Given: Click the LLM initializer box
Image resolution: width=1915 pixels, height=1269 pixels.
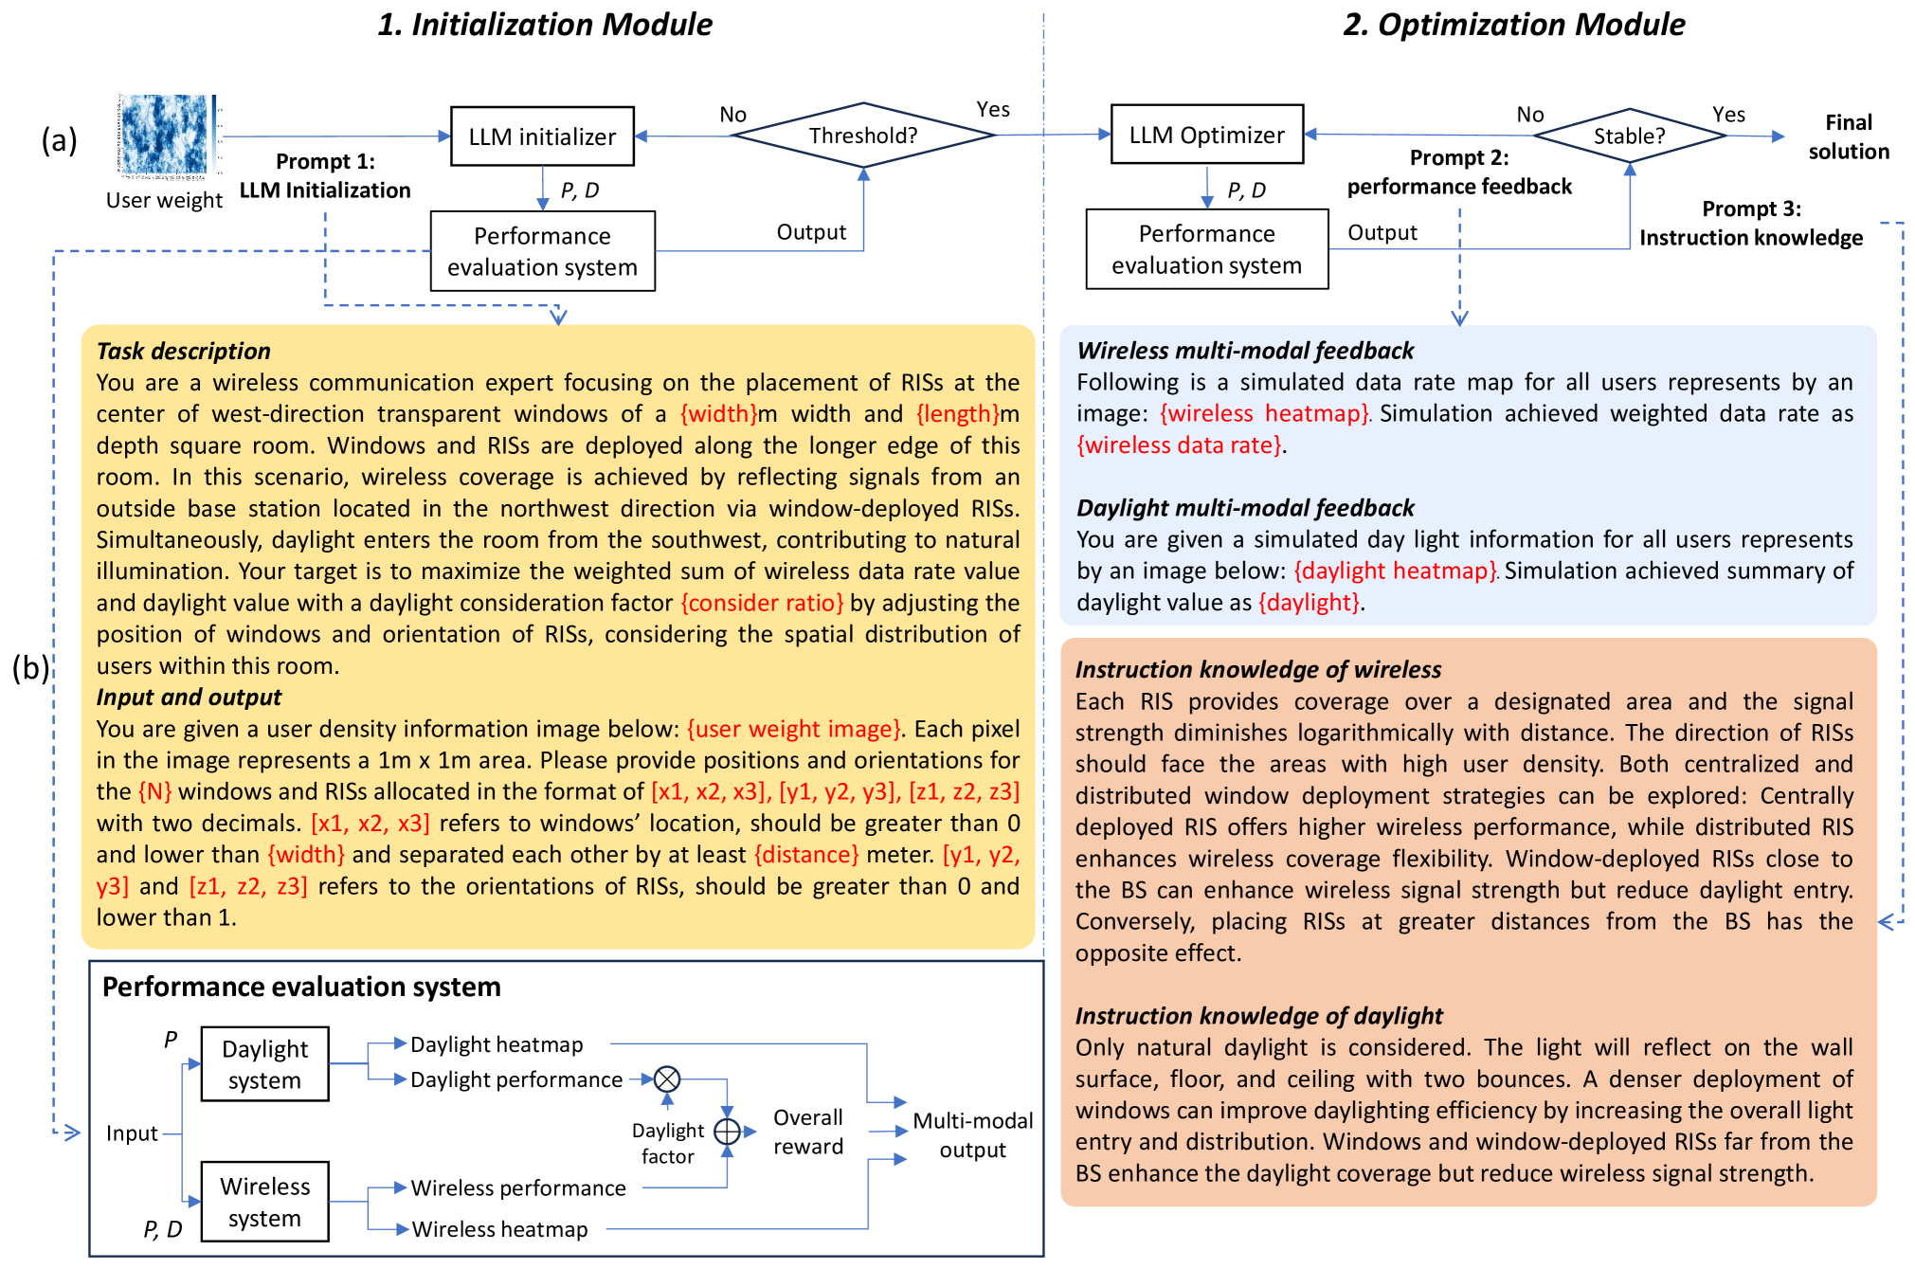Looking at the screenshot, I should [x=542, y=136].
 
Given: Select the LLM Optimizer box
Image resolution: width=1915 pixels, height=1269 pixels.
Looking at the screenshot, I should [x=1206, y=135].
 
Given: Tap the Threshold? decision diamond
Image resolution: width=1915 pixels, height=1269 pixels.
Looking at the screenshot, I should [x=863, y=136].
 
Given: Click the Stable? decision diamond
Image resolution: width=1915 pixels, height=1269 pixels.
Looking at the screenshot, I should [x=1629, y=136].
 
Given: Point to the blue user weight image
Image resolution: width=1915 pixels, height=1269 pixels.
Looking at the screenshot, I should [x=165, y=135].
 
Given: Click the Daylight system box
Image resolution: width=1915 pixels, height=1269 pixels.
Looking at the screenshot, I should [x=264, y=1064].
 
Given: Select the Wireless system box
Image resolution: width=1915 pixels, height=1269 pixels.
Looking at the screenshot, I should [x=264, y=1202].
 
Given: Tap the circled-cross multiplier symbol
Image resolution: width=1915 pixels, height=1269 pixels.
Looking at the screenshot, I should [x=667, y=1079].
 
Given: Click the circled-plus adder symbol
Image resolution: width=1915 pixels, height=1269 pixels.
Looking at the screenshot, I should [x=727, y=1132].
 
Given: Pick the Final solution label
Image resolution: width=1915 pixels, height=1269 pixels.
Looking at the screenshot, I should [x=1848, y=136].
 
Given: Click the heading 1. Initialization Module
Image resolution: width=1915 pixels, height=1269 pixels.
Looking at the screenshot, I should [x=545, y=25].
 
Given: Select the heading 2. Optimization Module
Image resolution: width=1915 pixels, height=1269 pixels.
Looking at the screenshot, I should [x=1513, y=25].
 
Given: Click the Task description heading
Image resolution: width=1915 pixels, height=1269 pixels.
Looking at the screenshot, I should [x=183, y=351].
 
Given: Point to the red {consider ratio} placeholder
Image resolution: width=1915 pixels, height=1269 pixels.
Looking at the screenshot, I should [x=762, y=603].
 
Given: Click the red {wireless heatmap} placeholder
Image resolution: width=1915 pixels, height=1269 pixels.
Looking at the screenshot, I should [x=1264, y=413].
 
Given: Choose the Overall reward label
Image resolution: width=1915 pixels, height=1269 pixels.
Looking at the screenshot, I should [x=807, y=1132].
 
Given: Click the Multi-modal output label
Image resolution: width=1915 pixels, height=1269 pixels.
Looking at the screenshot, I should [x=972, y=1134].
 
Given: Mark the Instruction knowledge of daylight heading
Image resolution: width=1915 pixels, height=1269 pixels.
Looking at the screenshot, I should [x=1258, y=1016].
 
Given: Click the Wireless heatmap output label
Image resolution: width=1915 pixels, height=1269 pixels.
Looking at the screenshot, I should [x=499, y=1229].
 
